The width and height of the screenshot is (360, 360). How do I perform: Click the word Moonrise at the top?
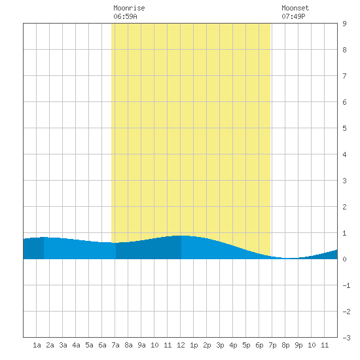[129, 8]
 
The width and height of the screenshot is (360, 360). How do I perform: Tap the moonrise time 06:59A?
[125, 16]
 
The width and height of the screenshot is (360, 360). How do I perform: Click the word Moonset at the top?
[295, 8]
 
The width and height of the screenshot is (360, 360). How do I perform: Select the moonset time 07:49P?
[293, 16]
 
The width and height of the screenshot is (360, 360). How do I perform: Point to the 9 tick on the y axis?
[344, 24]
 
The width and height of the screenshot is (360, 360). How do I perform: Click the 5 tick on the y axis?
[344, 128]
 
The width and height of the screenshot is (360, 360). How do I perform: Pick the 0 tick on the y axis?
[344, 259]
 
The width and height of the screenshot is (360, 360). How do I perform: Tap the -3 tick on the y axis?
[346, 338]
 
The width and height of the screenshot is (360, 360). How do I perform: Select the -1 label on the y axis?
[346, 285]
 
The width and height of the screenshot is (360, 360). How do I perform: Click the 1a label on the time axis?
[37, 345]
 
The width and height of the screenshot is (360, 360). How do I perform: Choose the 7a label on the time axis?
[115, 345]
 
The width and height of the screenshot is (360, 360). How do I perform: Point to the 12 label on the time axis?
[181, 345]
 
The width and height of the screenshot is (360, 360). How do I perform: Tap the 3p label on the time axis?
[220, 345]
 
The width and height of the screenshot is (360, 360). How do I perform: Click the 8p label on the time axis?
[285, 345]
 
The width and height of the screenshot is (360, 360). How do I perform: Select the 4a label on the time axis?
[76, 345]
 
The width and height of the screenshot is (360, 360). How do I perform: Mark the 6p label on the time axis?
[259, 345]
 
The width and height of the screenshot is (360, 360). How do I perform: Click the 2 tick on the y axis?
[344, 207]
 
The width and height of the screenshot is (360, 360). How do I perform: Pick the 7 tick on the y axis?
[344, 76]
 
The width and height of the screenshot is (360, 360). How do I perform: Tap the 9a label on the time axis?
[141, 345]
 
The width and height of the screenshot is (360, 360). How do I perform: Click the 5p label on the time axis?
[246, 345]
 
